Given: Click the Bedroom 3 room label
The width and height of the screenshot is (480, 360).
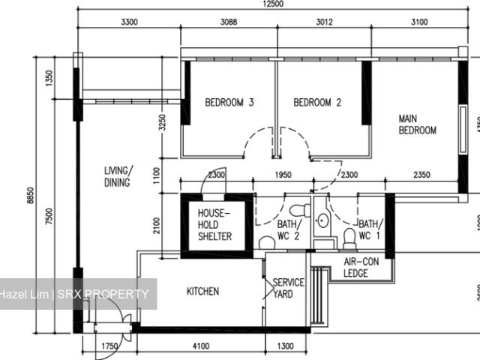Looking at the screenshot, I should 229,103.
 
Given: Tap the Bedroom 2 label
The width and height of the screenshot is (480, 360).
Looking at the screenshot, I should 317,103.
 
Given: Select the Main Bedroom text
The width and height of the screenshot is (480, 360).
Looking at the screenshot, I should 417,124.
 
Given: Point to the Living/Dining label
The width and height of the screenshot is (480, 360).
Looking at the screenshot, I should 117,176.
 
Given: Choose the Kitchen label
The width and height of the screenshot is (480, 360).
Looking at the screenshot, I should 202,291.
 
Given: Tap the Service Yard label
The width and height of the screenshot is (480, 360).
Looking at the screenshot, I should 287,287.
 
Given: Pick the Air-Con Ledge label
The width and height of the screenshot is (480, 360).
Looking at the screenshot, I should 361,267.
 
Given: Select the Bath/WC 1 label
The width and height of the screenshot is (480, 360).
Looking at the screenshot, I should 369,230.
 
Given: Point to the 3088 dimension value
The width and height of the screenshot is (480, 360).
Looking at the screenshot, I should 229,22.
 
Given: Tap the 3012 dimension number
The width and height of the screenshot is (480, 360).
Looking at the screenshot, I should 323,22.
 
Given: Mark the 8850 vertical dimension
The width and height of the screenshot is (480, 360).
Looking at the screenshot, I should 30,193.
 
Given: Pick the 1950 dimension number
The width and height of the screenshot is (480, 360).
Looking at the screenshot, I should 283,175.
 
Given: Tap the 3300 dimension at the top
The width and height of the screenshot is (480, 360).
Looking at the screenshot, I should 129,22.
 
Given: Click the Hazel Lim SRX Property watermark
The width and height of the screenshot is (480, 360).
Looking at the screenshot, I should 75,294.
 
